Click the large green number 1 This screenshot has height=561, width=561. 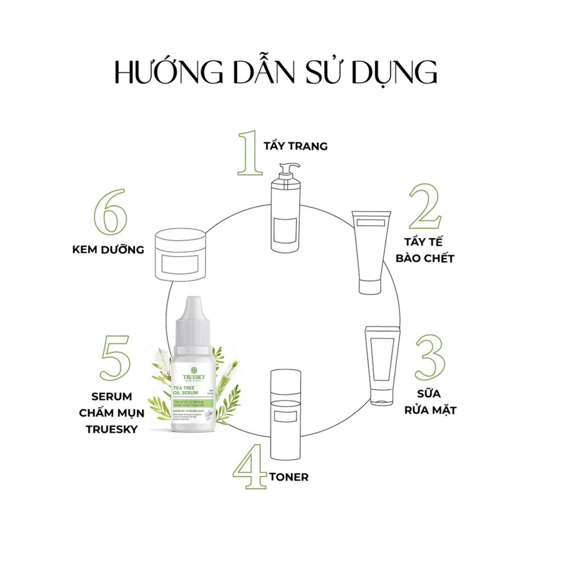coord(250,154)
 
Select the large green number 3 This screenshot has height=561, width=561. coord(430,357)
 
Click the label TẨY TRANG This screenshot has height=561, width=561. coord(295,146)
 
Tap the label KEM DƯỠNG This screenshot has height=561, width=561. coord(108,250)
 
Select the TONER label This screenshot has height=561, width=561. coord(289,477)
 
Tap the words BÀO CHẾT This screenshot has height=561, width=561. coord(425,258)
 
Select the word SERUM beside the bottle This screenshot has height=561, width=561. coord(112,396)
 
